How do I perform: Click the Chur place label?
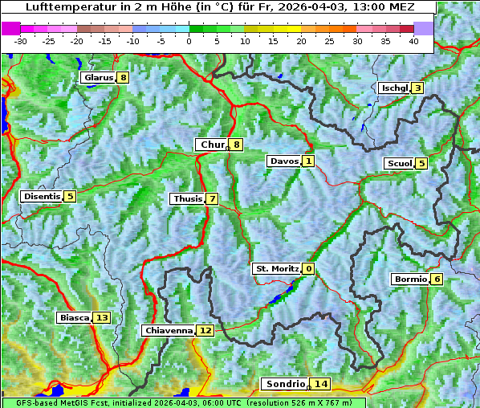point(212,145)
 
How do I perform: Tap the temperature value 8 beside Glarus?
point(122,78)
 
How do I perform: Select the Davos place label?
point(284,161)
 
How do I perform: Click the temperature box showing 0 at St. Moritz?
point(309,269)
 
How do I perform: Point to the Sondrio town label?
point(285,385)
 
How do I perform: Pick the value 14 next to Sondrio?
point(321,385)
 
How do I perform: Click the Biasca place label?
point(74,318)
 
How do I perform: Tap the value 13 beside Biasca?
point(101,318)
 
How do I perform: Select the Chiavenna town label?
point(169,330)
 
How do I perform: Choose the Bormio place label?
point(409,279)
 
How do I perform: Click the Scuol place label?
point(399,164)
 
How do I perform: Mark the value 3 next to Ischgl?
point(417,88)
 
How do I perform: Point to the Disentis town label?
point(41,196)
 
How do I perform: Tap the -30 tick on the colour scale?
point(21,41)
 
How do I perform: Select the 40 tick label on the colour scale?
point(413,41)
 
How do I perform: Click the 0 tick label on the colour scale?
point(189,41)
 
